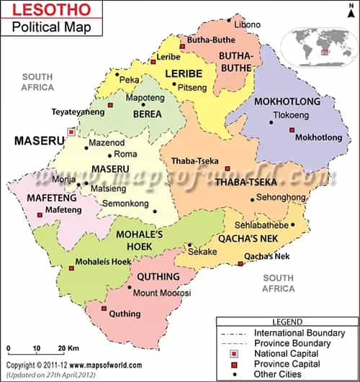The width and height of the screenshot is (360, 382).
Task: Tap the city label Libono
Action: tap(248, 24)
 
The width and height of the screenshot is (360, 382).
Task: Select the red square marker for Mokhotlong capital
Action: tap(292, 129)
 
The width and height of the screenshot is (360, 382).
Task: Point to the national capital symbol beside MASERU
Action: tap(71, 132)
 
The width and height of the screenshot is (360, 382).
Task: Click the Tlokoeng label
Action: tap(290, 114)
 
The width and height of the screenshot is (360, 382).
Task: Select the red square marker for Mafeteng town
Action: tap(39, 214)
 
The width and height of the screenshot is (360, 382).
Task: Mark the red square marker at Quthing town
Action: tap(104, 309)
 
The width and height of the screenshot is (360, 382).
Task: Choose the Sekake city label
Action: tap(202, 253)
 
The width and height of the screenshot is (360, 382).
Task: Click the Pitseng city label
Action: tap(192, 88)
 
